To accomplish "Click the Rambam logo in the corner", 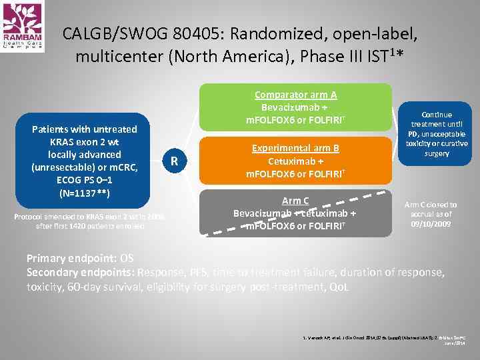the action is click(23, 26).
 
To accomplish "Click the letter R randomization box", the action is click(174, 161).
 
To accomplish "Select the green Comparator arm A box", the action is click(295, 107).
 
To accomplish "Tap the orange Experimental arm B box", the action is click(295, 161).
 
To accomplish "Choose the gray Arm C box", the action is click(295, 213).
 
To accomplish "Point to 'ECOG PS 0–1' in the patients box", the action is click(84, 180).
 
